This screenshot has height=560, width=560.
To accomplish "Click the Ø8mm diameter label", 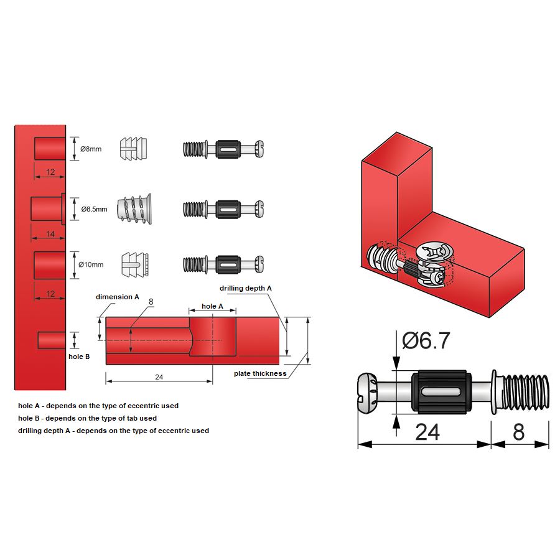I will [x=91, y=149].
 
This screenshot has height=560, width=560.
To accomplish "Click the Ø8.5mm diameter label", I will [x=94, y=209].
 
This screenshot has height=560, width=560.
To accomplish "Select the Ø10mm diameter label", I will [x=91, y=264].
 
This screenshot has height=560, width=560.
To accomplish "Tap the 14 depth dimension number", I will [x=50, y=234].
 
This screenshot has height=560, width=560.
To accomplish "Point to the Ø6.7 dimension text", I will [x=426, y=340].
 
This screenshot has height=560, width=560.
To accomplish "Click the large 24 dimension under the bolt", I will [x=427, y=431].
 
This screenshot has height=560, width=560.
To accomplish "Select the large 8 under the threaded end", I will [x=518, y=431].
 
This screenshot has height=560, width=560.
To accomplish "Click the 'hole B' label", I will [x=79, y=357].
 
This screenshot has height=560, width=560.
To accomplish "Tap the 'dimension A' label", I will [x=118, y=297].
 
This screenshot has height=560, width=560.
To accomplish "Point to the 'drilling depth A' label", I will [x=246, y=288].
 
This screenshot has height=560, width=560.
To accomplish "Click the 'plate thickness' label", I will [x=260, y=373].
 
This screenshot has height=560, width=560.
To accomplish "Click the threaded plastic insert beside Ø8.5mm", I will [x=133, y=209].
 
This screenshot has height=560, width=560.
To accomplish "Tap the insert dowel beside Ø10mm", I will [x=134, y=264].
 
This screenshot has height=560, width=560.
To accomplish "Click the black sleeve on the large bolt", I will [x=443, y=391].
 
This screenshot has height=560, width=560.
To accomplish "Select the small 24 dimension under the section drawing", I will [x=159, y=377].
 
